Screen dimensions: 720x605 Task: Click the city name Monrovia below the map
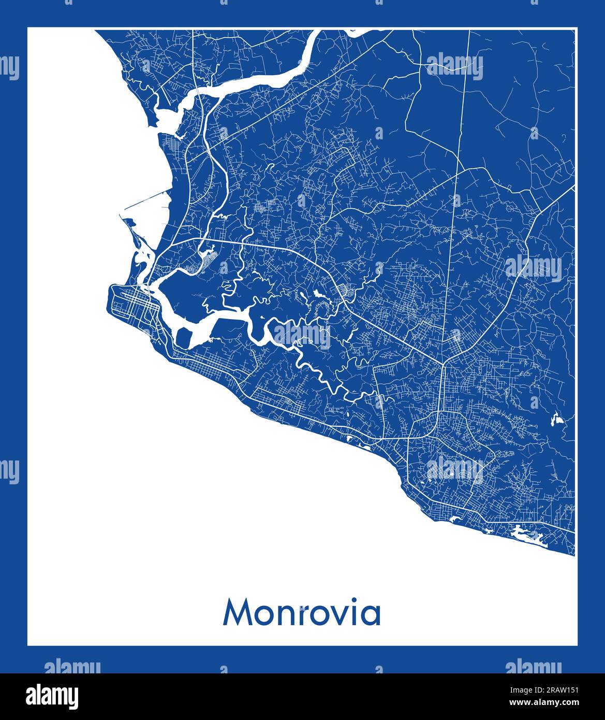[302, 613]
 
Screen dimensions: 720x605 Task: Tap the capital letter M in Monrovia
[237, 613]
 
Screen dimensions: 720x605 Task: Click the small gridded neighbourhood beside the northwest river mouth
[169, 141]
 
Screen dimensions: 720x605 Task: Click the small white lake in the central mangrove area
[317, 295]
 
